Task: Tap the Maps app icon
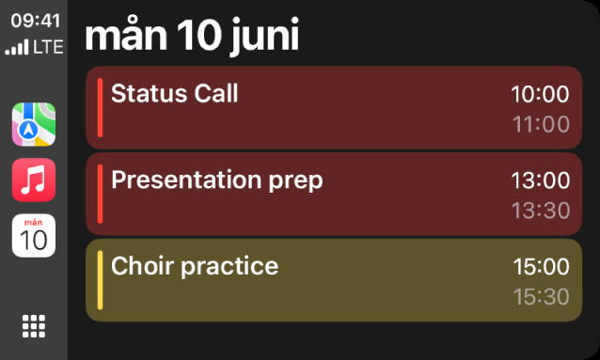click(34, 125)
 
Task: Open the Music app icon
click(34, 180)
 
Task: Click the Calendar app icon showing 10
click(34, 235)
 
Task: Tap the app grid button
click(34, 325)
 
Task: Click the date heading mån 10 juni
click(192, 37)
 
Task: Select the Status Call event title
click(175, 93)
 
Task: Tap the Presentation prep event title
click(216, 180)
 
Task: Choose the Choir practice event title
click(195, 266)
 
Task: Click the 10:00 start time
click(541, 94)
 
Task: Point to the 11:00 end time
click(541, 124)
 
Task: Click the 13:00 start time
click(541, 180)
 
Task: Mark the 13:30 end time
click(541, 211)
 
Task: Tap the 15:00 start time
click(541, 267)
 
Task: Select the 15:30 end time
click(541, 297)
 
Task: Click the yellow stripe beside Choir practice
click(100, 280)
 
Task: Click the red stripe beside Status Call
click(100, 107)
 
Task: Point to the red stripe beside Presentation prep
click(100, 194)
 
